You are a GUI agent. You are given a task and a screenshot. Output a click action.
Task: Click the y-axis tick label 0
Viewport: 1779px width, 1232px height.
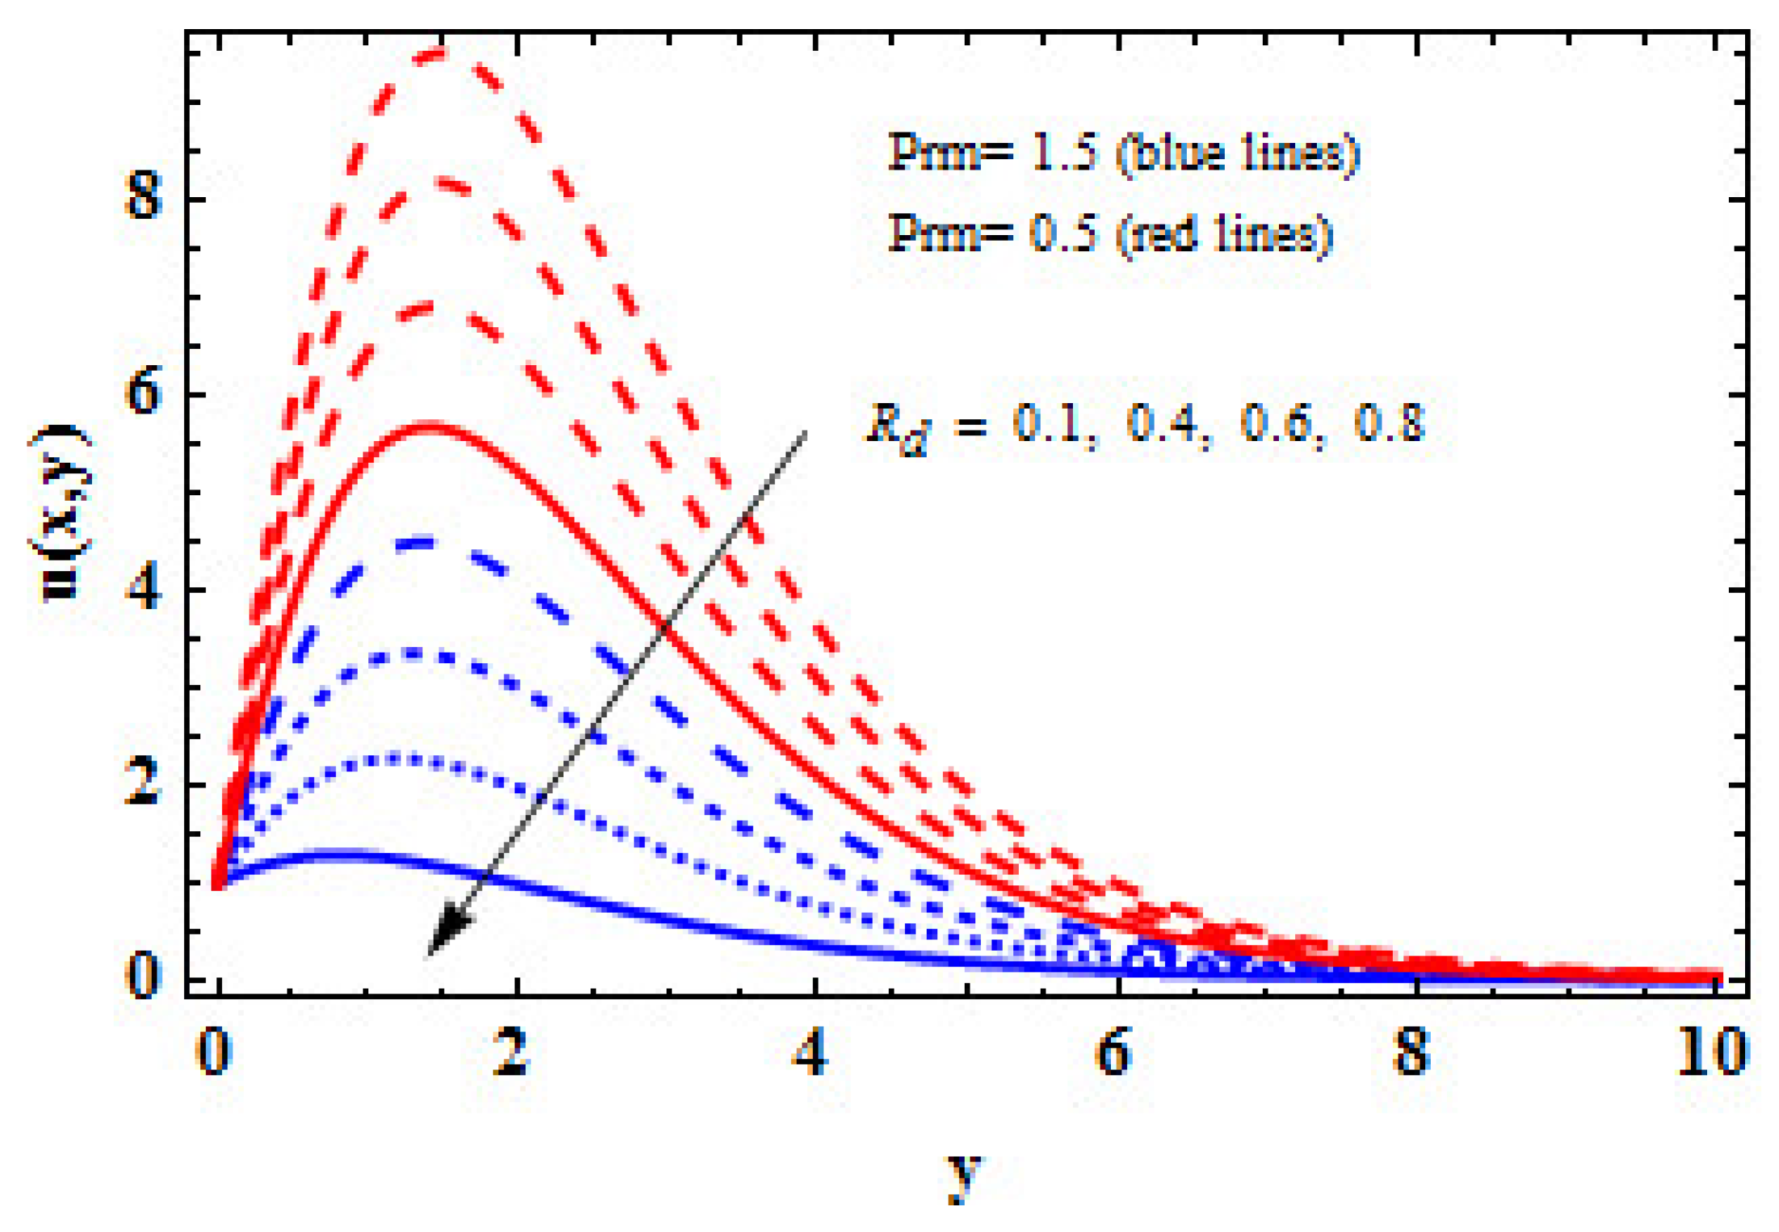click(144, 975)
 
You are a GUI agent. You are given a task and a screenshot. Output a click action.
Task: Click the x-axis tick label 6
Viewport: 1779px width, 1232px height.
click(1112, 1053)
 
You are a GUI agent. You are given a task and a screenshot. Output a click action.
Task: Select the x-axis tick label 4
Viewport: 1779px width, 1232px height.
click(811, 1053)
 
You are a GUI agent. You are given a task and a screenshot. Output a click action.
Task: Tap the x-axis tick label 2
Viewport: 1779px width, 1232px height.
click(511, 1053)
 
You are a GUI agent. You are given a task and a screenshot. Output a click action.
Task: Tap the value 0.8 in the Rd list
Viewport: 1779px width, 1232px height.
click(1389, 423)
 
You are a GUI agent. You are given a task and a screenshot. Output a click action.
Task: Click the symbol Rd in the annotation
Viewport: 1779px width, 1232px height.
click(897, 426)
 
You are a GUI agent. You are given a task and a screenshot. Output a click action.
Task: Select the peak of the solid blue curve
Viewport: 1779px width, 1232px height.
click(339, 853)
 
